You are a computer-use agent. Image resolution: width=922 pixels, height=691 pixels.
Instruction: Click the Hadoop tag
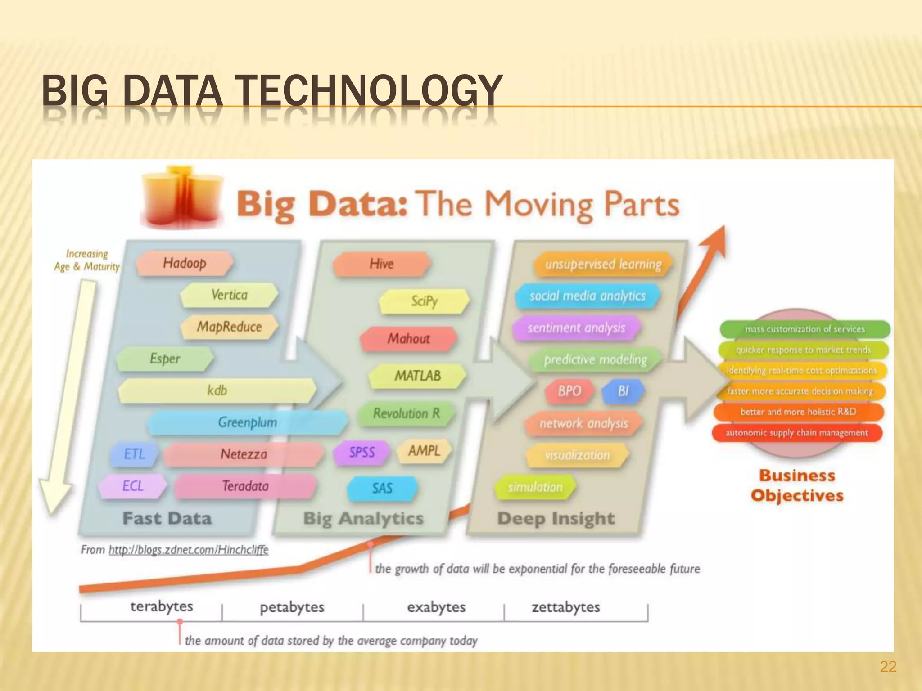pyautogui.click(x=185, y=263)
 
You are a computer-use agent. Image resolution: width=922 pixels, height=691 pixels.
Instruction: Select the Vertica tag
pyautogui.click(x=229, y=295)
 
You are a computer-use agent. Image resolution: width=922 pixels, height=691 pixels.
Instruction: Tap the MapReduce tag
pyautogui.click(x=229, y=327)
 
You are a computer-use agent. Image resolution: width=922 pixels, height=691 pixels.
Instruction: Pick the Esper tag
pyautogui.click(x=165, y=359)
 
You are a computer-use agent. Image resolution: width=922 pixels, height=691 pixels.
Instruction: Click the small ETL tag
pyautogui.click(x=134, y=454)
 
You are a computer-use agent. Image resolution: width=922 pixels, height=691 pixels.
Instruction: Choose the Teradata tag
pyautogui.click(x=245, y=486)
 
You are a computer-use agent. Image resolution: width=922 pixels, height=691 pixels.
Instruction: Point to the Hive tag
pyautogui.click(x=381, y=264)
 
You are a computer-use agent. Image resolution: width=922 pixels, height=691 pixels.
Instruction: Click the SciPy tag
pyautogui.click(x=424, y=301)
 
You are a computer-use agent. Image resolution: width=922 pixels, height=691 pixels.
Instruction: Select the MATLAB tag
pyautogui.click(x=417, y=376)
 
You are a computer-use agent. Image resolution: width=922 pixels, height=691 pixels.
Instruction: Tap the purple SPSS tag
pyautogui.click(x=362, y=452)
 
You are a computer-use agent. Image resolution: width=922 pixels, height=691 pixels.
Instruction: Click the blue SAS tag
pyautogui.click(x=382, y=488)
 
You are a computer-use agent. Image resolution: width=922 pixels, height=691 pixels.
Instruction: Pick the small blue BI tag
pyautogui.click(x=623, y=391)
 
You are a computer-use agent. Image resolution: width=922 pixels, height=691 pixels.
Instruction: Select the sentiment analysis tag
pyautogui.click(x=576, y=328)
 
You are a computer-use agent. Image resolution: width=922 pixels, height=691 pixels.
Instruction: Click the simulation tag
pyautogui.click(x=535, y=487)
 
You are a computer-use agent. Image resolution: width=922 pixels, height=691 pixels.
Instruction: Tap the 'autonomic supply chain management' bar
pyautogui.click(x=796, y=433)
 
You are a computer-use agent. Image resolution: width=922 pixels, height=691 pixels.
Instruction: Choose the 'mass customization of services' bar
pyautogui.click(x=804, y=329)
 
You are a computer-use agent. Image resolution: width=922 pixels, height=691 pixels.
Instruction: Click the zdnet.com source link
pyautogui.click(x=188, y=550)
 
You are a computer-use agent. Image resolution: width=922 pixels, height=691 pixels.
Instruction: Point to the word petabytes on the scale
pyautogui.click(x=292, y=607)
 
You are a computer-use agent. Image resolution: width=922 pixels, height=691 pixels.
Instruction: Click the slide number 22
pyautogui.click(x=888, y=667)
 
